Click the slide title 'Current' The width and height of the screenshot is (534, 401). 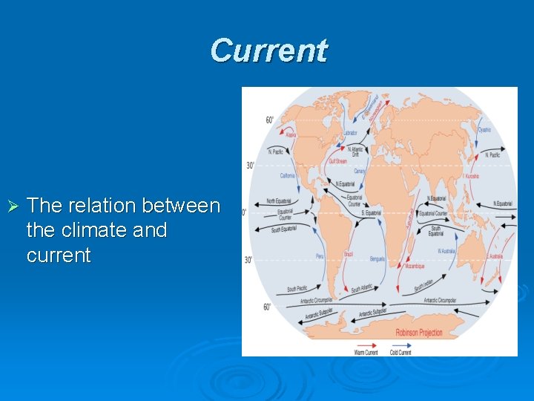(268, 50)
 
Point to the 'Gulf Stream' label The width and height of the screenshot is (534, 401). (337, 161)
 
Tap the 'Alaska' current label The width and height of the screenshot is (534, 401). (290, 135)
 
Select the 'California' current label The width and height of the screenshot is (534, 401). (287, 176)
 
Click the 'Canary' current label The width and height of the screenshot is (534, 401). (360, 171)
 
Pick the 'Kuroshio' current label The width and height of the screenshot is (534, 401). (471, 177)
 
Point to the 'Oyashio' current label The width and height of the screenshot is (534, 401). (484, 130)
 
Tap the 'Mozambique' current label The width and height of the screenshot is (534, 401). (415, 265)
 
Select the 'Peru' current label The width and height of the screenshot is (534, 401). (320, 255)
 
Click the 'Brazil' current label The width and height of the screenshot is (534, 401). (349, 254)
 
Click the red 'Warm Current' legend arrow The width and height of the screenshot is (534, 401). (366, 345)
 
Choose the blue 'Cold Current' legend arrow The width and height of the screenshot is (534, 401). (400, 345)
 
